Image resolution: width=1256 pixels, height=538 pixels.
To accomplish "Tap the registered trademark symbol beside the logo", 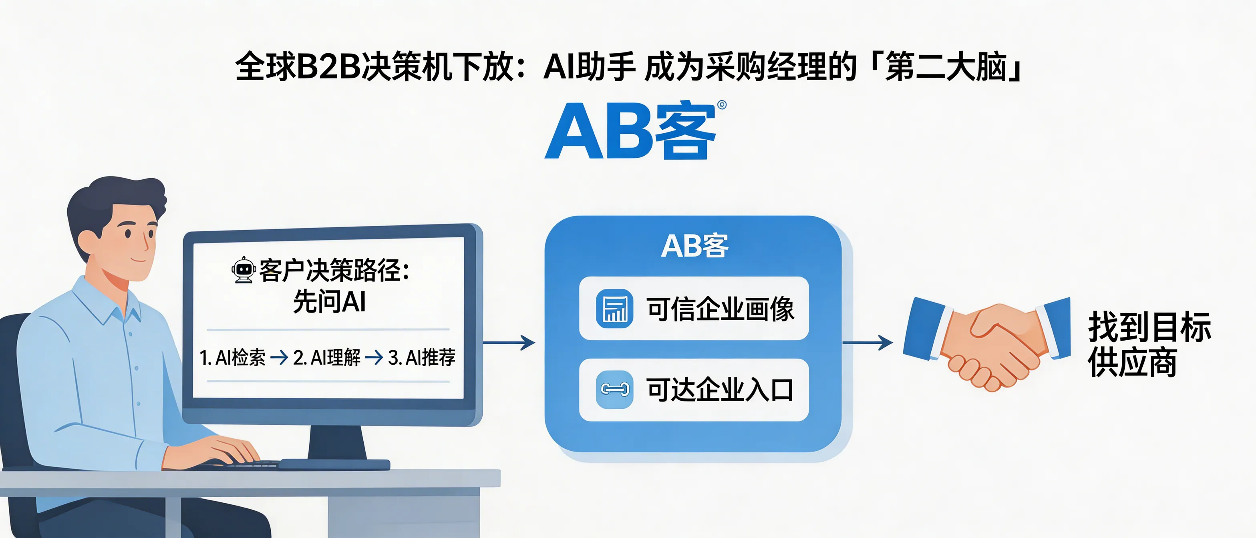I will pyautogui.click(x=722, y=105).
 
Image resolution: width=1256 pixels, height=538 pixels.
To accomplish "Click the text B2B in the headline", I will pyautogui.click(x=328, y=67).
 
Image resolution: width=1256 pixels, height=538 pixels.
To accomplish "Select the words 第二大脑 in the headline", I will pyautogui.click(x=946, y=67).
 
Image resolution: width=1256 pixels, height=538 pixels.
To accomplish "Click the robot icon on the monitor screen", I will pyautogui.click(x=243, y=270).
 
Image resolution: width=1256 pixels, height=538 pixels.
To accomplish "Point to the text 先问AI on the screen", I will pyautogui.click(x=330, y=302).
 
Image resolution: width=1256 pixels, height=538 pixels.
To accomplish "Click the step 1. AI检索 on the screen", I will pyautogui.click(x=233, y=358).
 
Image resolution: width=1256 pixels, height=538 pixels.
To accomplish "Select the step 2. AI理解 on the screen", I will pyautogui.click(x=327, y=358).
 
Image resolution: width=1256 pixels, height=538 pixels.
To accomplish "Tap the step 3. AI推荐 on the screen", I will pyautogui.click(x=422, y=358).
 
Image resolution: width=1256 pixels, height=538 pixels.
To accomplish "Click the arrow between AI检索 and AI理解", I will pyautogui.click(x=279, y=358).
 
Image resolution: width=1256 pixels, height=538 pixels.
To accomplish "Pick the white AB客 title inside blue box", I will pyautogui.click(x=694, y=246).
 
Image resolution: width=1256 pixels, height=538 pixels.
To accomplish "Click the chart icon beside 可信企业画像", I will pyautogui.click(x=614, y=309).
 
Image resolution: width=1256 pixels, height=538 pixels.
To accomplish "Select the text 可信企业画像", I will pyautogui.click(x=720, y=309).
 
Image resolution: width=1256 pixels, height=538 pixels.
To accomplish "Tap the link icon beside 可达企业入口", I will pyautogui.click(x=614, y=389).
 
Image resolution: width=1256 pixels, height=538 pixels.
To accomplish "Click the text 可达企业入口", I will pyautogui.click(x=720, y=390).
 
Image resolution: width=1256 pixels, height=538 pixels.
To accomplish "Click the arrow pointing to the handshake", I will pyautogui.click(x=868, y=343).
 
